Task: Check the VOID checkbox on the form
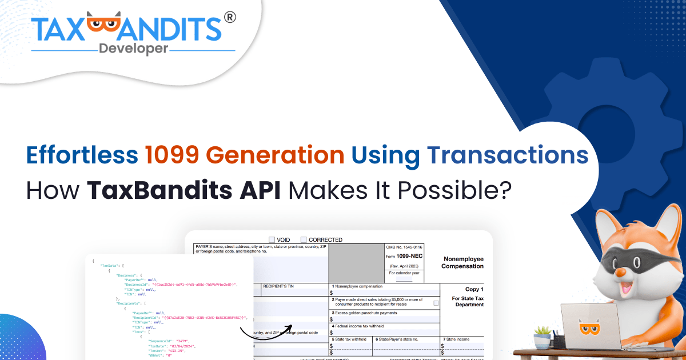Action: pyautogui.click(x=272, y=239)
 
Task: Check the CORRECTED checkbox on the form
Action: pyautogui.click(x=304, y=239)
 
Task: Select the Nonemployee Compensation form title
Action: pyautogui.click(x=462, y=263)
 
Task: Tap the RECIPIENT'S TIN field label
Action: pyautogui.click(x=278, y=286)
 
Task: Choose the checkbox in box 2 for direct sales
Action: pyautogui.click(x=436, y=303)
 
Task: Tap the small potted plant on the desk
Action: pyautogui.click(x=542, y=338)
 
